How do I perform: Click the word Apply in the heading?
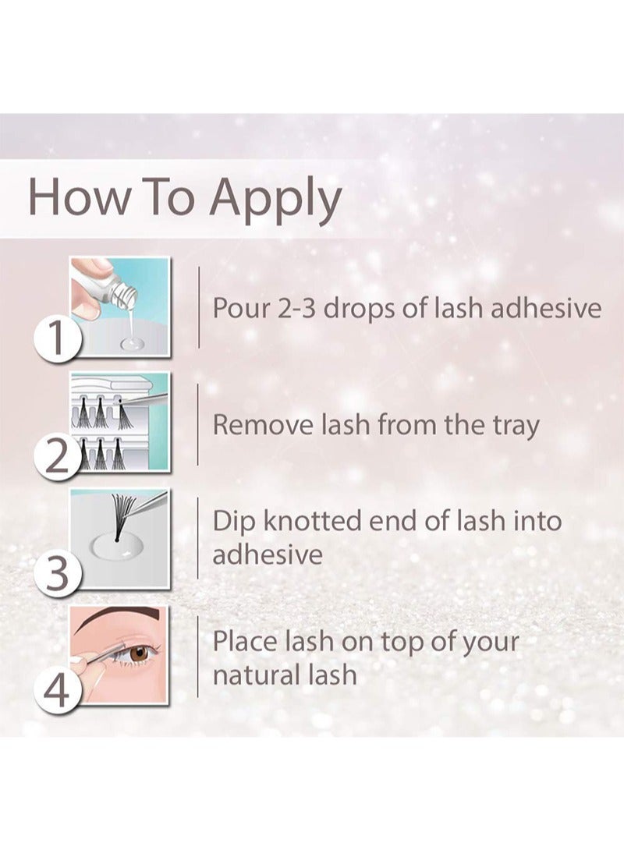pos(276,200)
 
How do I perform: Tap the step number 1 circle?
pos(57,338)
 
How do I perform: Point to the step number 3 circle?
pos(57,573)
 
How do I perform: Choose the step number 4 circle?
pos(57,690)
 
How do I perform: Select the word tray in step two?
pos(516,427)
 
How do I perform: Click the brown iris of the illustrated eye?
pos(140,653)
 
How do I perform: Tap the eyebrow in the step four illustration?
pos(119,618)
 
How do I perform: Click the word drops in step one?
pos(359,309)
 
